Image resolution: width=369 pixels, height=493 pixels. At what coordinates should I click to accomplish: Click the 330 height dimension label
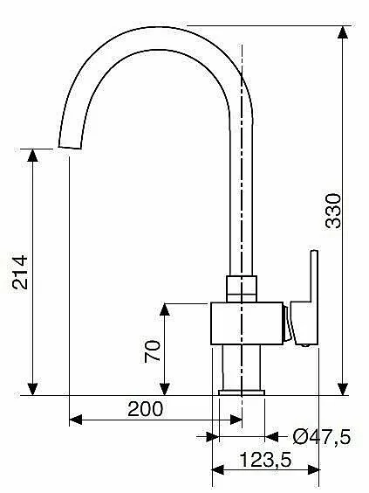point(333,211)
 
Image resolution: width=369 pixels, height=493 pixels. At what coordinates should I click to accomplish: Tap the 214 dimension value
point(20,272)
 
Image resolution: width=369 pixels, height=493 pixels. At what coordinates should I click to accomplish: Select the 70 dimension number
point(153,351)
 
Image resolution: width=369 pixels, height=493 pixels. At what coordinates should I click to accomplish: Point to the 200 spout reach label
point(146,409)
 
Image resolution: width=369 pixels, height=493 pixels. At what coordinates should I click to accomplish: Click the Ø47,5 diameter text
point(322,437)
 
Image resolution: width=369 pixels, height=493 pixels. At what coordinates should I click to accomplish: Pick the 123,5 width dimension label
point(266,460)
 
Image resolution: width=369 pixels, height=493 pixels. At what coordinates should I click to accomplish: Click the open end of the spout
point(70,147)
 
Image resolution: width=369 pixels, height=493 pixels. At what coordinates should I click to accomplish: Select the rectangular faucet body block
point(247,323)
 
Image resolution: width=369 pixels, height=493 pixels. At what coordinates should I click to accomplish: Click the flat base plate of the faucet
point(242,392)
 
